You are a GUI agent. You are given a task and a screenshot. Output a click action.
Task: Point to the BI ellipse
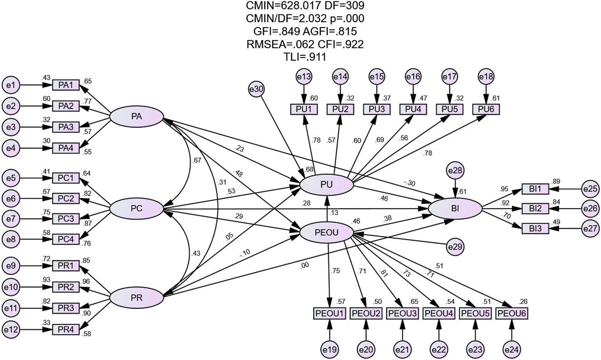pos(455,209)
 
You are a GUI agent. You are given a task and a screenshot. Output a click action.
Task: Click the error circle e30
pos(257,90)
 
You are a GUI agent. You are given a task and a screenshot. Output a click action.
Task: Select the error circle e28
pos(455,171)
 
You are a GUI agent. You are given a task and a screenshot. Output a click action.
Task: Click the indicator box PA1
pos(66,85)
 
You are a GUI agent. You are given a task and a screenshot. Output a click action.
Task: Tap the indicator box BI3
pos(535,229)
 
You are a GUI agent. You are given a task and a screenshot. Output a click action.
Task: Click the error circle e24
pos(512,350)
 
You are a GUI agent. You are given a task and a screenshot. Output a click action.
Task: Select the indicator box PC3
pos(66,219)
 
